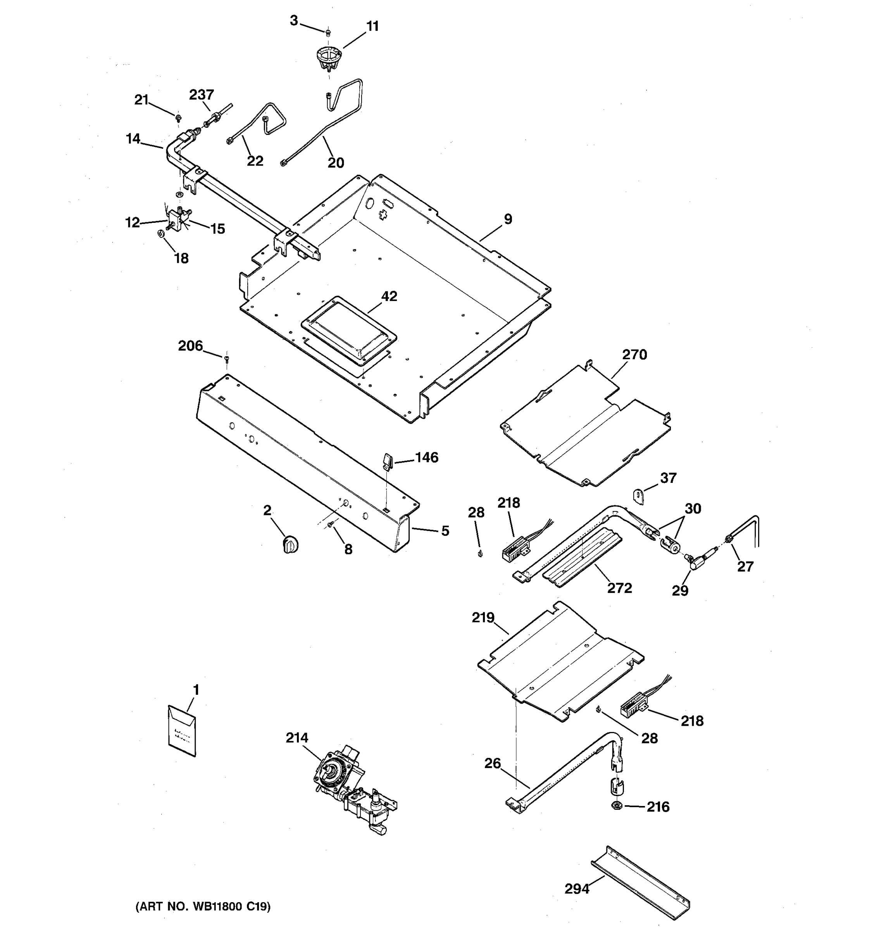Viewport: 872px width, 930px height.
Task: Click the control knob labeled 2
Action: (291, 545)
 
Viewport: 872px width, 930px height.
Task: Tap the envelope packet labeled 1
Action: (182, 731)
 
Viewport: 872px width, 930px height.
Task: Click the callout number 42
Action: (389, 296)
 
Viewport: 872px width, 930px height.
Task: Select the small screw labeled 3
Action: (328, 32)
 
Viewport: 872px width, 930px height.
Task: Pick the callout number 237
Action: (201, 95)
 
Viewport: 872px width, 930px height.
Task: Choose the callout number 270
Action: (634, 355)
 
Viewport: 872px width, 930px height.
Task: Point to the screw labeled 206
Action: (227, 359)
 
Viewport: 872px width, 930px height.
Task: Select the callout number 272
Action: (619, 587)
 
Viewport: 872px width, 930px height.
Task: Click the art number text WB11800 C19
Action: (203, 907)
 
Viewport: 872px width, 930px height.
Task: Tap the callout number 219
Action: (483, 618)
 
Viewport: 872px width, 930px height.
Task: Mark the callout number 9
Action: (508, 219)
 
